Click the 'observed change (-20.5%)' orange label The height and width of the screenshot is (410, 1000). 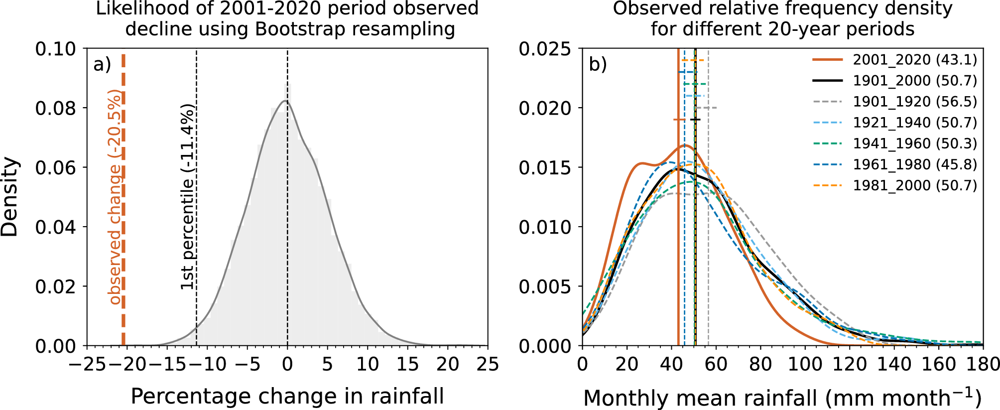pyautogui.click(x=115, y=197)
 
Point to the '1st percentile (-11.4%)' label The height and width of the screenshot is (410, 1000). pyautogui.click(x=187, y=197)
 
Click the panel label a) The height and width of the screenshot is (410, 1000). pyautogui.click(x=102, y=65)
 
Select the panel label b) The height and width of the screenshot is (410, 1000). pyautogui.click(x=598, y=65)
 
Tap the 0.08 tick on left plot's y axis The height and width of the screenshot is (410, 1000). pyautogui.click(x=55, y=108)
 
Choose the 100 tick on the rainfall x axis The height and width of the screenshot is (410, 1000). pyautogui.click(x=805, y=364)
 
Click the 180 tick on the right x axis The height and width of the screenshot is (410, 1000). pyautogui.click(x=982, y=364)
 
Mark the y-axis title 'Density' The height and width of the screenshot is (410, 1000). pyautogui.click(x=10, y=197)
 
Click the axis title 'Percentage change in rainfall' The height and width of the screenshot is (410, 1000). pyautogui.click(x=287, y=397)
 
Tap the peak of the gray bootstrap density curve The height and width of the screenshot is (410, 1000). pyautogui.click(x=285, y=101)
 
